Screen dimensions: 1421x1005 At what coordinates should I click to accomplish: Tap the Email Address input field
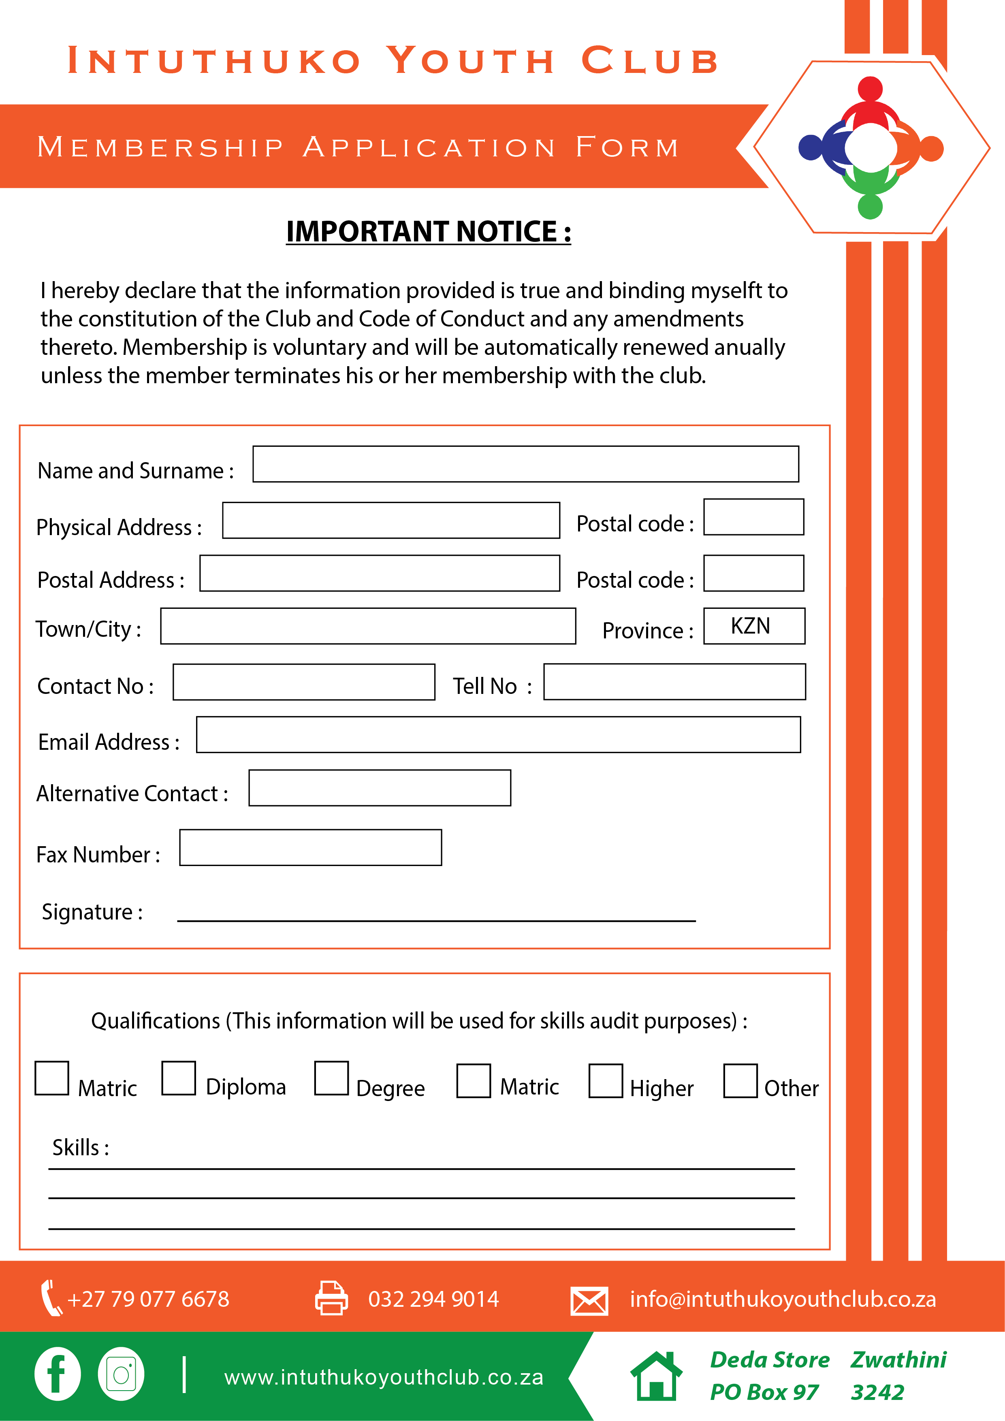498,735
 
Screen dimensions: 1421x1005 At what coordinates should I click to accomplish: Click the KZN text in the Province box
750,626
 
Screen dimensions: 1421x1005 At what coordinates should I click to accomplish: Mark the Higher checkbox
605,1081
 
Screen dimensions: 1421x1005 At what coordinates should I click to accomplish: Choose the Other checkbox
740,1081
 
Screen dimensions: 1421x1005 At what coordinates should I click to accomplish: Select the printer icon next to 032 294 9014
332,1298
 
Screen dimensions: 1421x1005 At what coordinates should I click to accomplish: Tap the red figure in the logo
870,102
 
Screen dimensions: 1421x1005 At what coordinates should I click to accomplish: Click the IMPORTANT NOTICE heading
428,231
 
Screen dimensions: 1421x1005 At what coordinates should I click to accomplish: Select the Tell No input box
674,681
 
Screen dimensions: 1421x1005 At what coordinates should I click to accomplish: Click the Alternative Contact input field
379,788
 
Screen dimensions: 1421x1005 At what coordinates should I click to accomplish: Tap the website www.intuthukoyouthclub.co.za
384,1377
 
